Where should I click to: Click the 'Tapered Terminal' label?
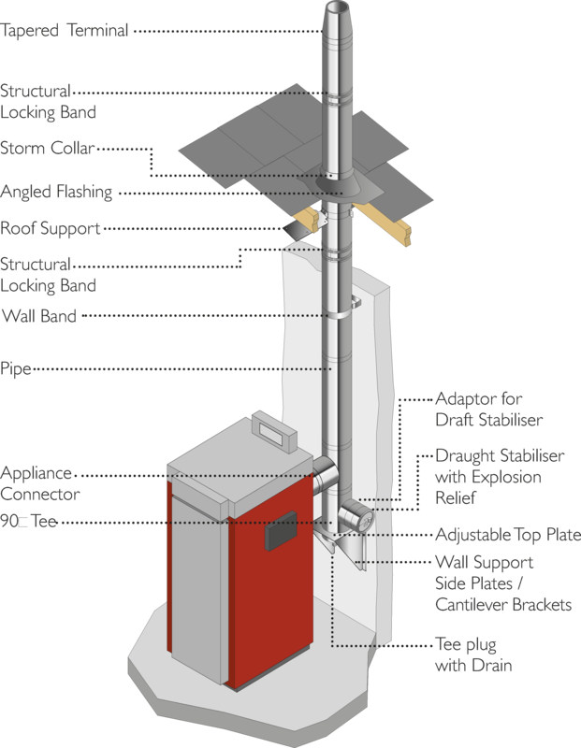pyautogui.click(x=64, y=31)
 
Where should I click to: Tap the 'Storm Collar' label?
pyautogui.click(x=48, y=148)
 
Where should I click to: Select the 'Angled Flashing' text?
pyautogui.click(x=56, y=192)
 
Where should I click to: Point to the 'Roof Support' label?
pyautogui.click(x=51, y=228)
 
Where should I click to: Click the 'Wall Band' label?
pyautogui.click(x=39, y=316)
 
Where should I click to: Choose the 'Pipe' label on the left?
pyautogui.click(x=16, y=368)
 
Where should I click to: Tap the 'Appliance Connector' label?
pyautogui.click(x=40, y=483)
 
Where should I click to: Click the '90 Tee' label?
pyautogui.click(x=29, y=521)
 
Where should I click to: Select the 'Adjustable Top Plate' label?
pyautogui.click(x=508, y=535)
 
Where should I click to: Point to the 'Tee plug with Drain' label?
pyautogui.click(x=473, y=654)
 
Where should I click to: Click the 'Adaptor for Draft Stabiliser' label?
pyautogui.click(x=489, y=410)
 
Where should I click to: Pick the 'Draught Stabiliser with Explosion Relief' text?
pyautogui.click(x=500, y=477)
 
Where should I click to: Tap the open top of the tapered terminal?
pyautogui.click(x=338, y=8)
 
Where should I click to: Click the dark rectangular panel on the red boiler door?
pyautogui.click(x=282, y=530)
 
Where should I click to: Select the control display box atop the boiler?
pyautogui.click(x=274, y=431)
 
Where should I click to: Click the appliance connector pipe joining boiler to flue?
pyautogui.click(x=325, y=476)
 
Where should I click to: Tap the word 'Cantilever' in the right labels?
pyautogui.click(x=472, y=605)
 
